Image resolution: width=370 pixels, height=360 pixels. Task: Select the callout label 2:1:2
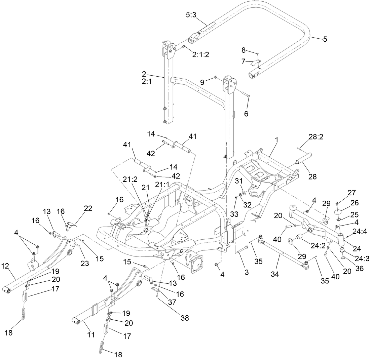point(200,54)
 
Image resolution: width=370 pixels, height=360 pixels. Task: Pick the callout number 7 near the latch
point(243,61)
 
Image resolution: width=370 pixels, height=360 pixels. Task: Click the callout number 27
point(351,193)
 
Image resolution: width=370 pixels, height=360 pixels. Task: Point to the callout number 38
point(184,318)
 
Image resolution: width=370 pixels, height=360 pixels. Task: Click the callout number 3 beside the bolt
point(247,272)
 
